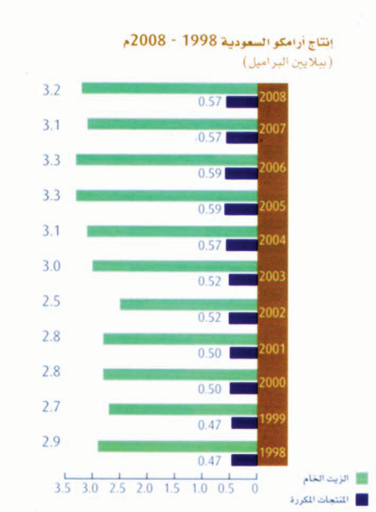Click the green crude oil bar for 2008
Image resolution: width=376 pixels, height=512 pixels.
pyautogui.click(x=170, y=88)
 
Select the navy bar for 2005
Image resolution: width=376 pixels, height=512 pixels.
pyautogui.click(x=241, y=209)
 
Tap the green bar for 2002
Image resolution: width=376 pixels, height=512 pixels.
pyautogui.click(x=189, y=304)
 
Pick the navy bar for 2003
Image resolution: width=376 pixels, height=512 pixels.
pyautogui.click(x=243, y=280)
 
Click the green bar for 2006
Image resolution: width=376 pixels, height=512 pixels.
pyautogui.click(x=167, y=160)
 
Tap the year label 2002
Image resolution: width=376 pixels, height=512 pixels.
pyautogui.click(x=273, y=312)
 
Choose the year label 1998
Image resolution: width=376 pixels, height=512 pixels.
pyautogui.click(x=273, y=453)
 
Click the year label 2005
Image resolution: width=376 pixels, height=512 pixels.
pyautogui.click(x=273, y=206)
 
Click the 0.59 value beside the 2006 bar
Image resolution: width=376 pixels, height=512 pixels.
pyautogui.click(x=209, y=174)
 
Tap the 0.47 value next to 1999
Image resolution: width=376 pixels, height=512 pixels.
pyautogui.click(x=209, y=425)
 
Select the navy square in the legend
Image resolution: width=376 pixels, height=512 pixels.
pyautogui.click(x=362, y=499)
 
